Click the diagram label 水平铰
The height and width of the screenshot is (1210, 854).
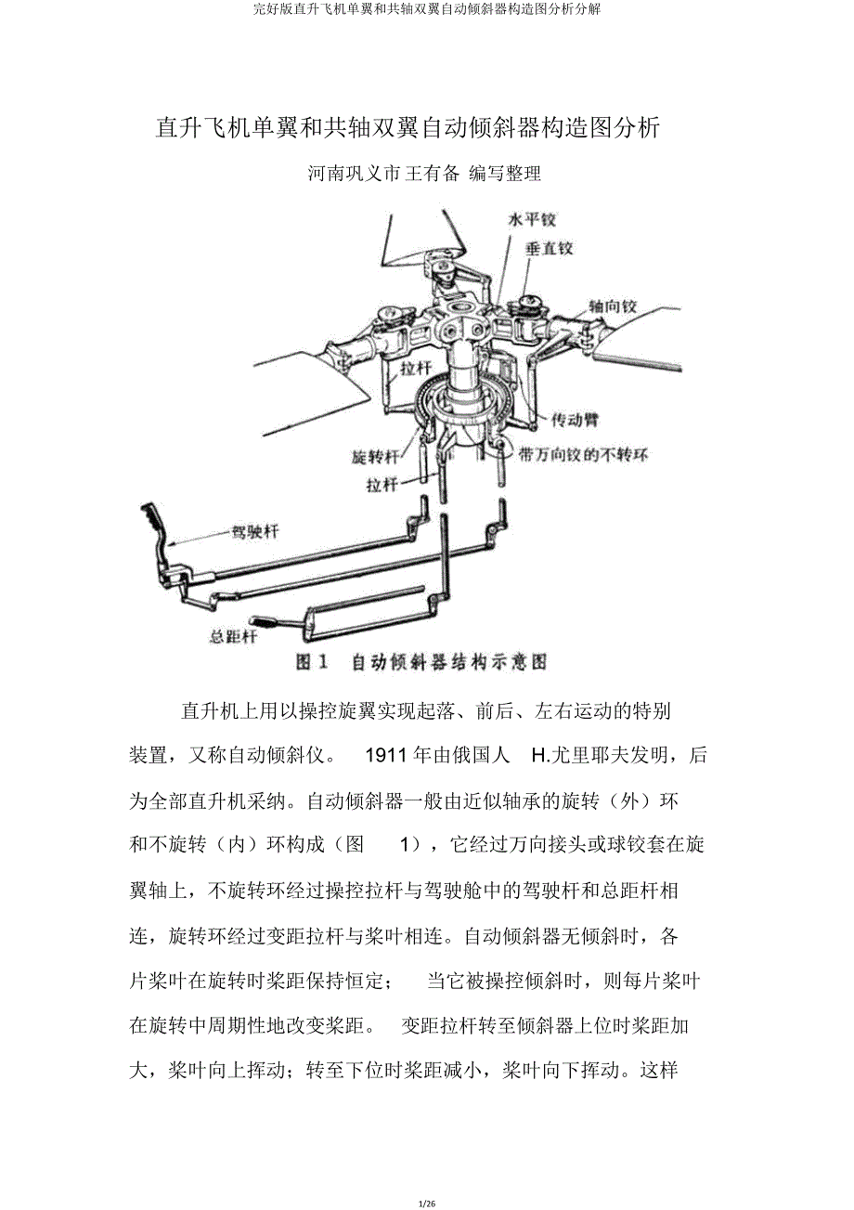(x=532, y=221)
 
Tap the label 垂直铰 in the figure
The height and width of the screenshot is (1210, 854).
(x=550, y=249)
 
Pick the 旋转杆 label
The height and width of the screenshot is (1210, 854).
(x=376, y=457)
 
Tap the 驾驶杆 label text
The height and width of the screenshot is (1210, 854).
(x=254, y=533)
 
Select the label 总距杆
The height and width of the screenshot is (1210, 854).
(x=233, y=637)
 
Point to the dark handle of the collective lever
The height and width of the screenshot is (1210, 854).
(x=265, y=620)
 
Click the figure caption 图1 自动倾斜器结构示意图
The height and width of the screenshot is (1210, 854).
(x=421, y=662)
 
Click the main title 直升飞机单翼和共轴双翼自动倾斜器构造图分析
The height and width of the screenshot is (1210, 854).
(x=408, y=128)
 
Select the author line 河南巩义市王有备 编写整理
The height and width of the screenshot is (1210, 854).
(x=425, y=174)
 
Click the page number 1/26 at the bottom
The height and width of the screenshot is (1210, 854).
(x=427, y=1203)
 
